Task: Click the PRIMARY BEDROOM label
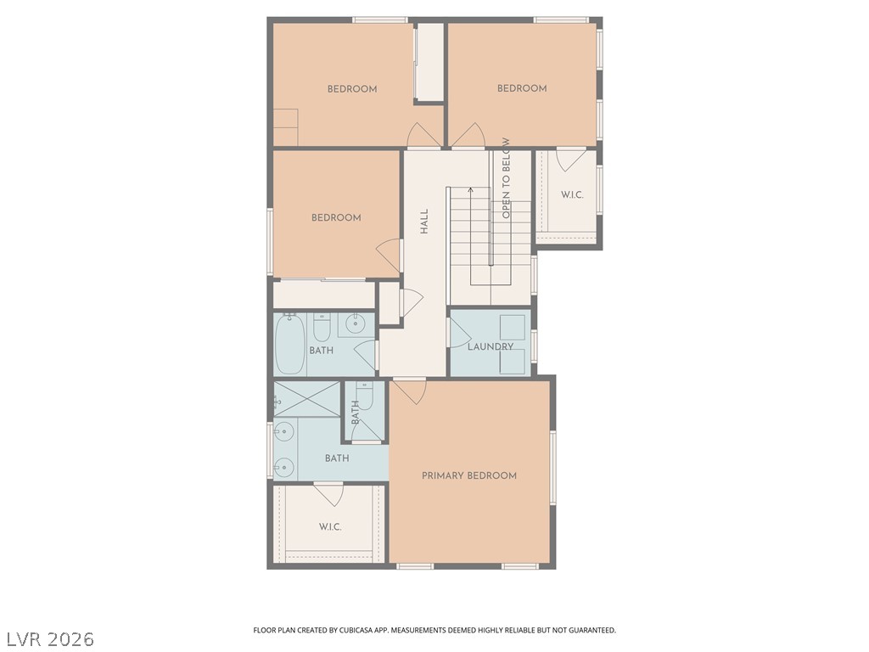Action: (468, 475)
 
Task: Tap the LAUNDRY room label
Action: (491, 346)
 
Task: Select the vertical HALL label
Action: (424, 222)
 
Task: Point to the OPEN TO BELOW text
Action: (506, 178)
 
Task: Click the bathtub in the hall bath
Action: (290, 345)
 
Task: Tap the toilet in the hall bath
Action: (322, 328)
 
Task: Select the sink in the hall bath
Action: (356, 322)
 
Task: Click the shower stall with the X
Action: (307, 398)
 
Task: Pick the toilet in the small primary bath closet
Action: (365, 396)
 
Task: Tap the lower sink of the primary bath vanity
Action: (283, 468)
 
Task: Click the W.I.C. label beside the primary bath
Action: (330, 526)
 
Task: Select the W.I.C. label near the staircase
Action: (572, 194)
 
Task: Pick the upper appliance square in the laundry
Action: (513, 327)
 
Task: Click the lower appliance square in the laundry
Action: (513, 363)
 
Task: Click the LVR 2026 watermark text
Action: (48, 639)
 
